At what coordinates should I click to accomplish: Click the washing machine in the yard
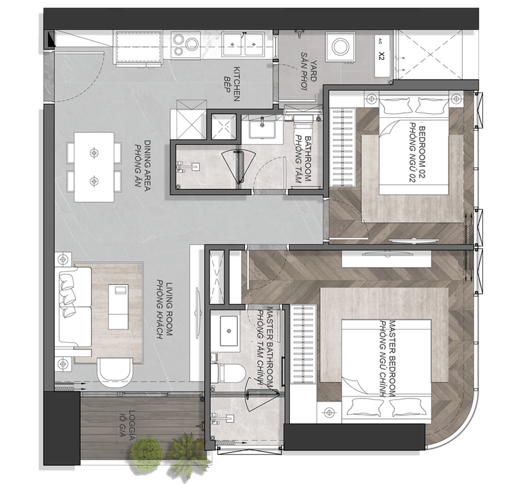tap(341, 47)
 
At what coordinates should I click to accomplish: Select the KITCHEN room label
tap(237, 84)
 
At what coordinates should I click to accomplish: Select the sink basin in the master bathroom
tap(229, 331)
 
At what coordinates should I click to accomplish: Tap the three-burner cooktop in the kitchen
tap(185, 45)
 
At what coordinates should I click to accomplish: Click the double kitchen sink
tap(243, 44)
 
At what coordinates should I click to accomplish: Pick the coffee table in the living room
tap(118, 306)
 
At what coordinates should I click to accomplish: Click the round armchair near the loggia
tap(115, 373)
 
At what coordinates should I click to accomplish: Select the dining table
tap(94, 167)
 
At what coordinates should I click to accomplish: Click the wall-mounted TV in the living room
tap(198, 312)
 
